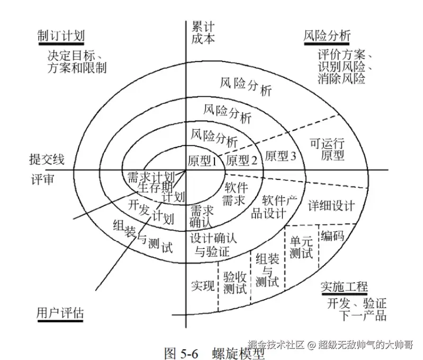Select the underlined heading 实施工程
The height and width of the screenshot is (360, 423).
[x=344, y=287]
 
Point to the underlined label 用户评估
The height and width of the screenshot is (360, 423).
[x=60, y=312]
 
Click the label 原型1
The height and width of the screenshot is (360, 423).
[x=203, y=160]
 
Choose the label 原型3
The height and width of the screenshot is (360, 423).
[x=281, y=156]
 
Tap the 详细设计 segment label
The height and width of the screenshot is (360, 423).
[x=331, y=206]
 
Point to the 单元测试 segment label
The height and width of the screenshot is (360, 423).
[x=301, y=247]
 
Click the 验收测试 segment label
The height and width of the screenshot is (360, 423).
[x=235, y=283]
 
